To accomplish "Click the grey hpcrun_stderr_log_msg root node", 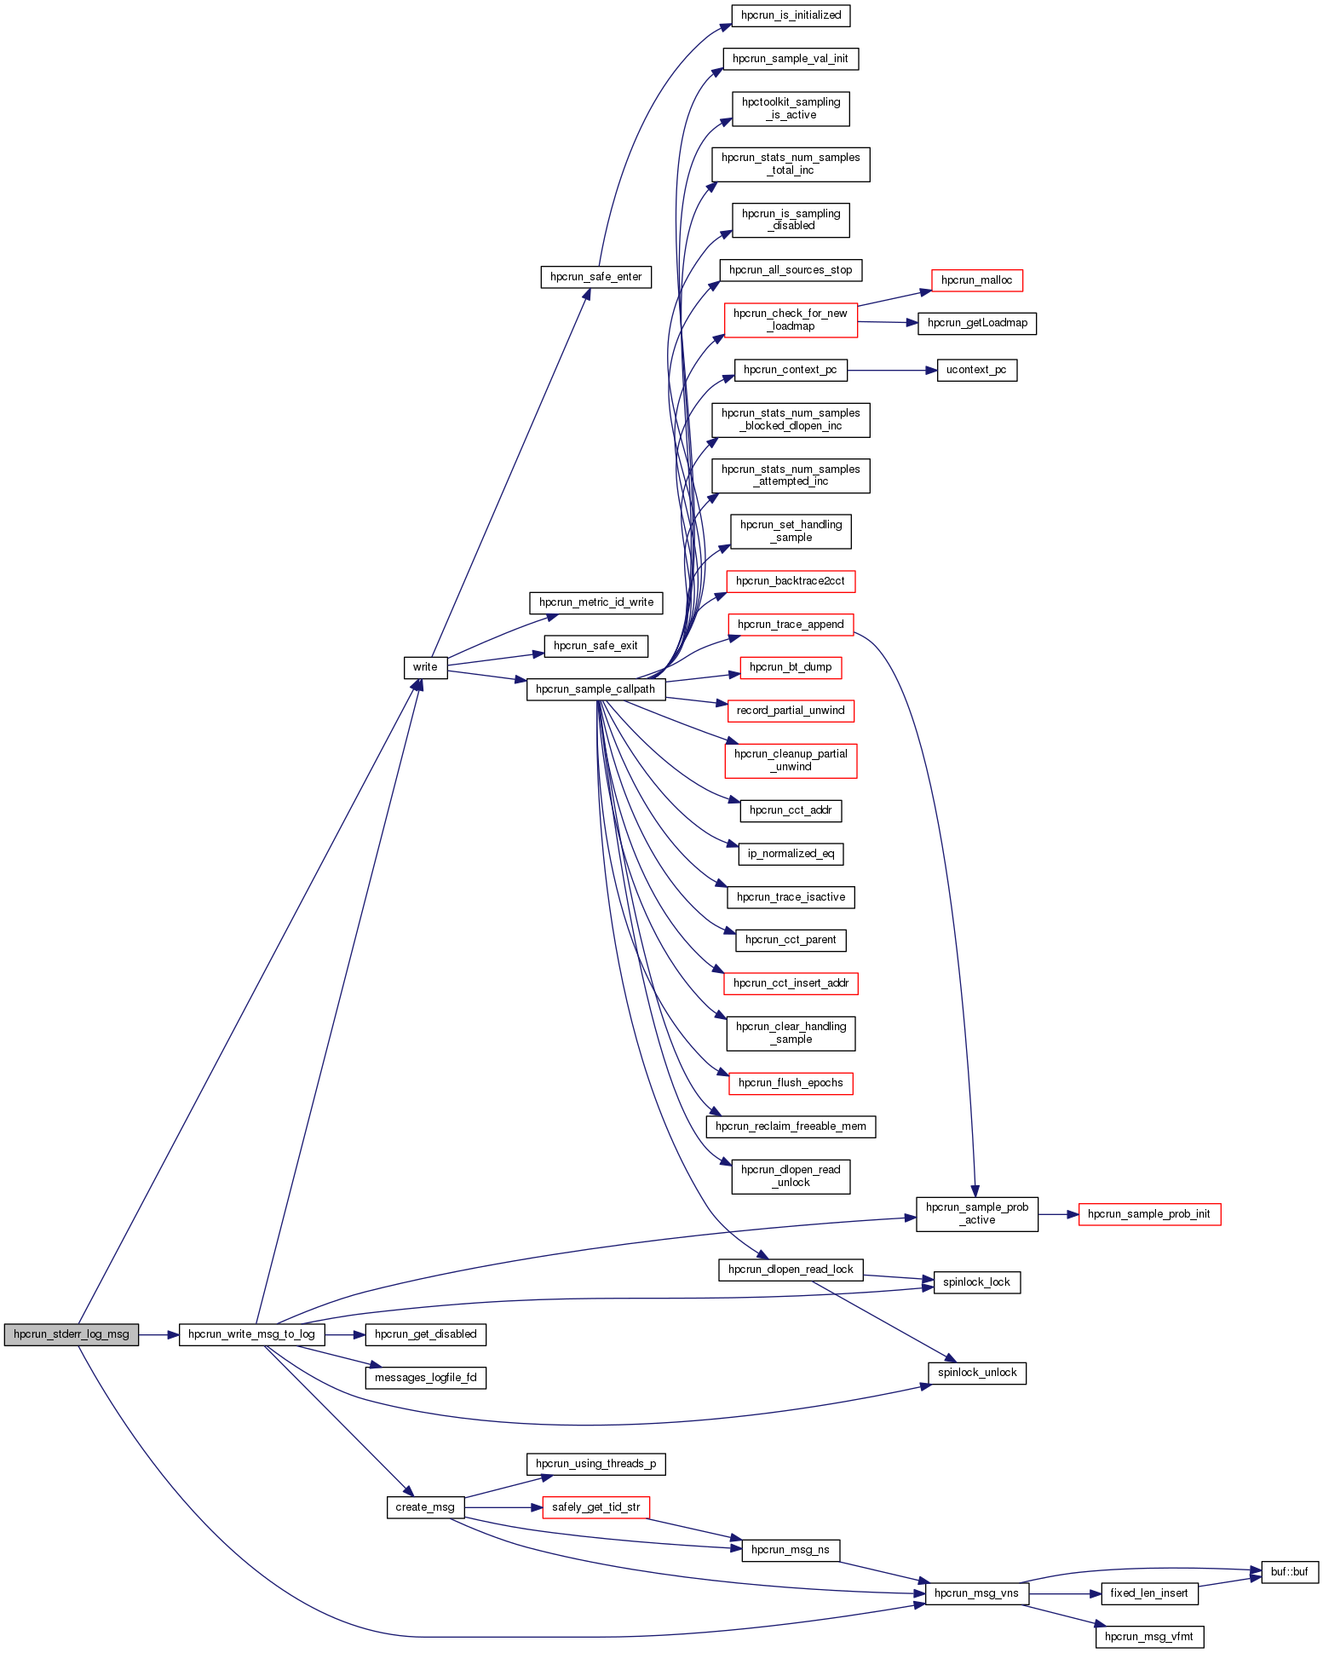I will pyautogui.click(x=72, y=1334).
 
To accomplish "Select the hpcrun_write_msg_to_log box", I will pyautogui.click(x=251, y=1334).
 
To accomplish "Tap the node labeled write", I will pyautogui.click(x=425, y=667).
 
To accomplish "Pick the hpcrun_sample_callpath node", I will pyautogui.click(x=595, y=689).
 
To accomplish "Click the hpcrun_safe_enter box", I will pyautogui.click(x=595, y=277).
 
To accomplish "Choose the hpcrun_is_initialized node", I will pyautogui.click(x=791, y=15).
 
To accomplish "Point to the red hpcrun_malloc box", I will pyautogui.click(x=976, y=280).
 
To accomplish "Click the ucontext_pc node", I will pyautogui.click(x=976, y=370).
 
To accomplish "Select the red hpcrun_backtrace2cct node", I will pyautogui.click(x=791, y=581).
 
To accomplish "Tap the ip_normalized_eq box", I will pyautogui.click(x=791, y=854).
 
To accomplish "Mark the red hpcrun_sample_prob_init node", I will pyautogui.click(x=1148, y=1214).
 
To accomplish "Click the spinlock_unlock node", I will pyautogui.click(x=976, y=1373).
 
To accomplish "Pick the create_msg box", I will pyautogui.click(x=425, y=1507).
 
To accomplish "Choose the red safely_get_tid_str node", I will pyautogui.click(x=595, y=1507).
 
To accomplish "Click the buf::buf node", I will pyautogui.click(x=1289, y=1572).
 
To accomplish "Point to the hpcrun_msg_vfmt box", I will pyautogui.click(x=1148, y=1637).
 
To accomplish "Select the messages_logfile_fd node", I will pyautogui.click(x=425, y=1378).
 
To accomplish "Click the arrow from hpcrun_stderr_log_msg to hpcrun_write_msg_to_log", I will pyautogui.click(x=158, y=1334).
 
